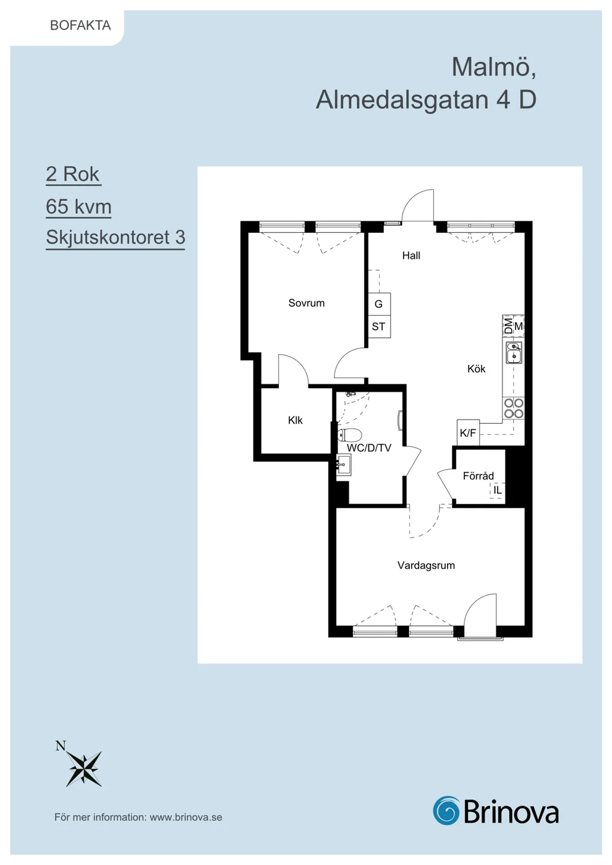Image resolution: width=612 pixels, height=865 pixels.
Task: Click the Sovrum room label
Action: (x=307, y=303)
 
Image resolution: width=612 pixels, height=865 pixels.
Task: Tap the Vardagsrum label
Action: (x=426, y=565)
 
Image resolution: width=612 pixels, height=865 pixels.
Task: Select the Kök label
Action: (x=477, y=369)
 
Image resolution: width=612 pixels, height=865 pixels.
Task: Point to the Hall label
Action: (x=411, y=255)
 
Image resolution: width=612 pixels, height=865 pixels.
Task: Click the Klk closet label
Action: (x=295, y=420)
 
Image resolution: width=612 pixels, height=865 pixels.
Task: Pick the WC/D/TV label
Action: (x=369, y=448)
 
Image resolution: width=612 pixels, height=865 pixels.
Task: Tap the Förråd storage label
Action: (x=478, y=475)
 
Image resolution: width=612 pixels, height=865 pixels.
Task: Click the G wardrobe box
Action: (x=379, y=304)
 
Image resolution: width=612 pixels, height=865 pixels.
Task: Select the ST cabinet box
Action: (x=379, y=327)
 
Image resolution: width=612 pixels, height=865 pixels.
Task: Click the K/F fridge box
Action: (x=469, y=433)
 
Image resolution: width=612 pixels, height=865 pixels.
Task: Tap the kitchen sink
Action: (x=514, y=352)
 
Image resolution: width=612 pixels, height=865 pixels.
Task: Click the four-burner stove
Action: (x=514, y=408)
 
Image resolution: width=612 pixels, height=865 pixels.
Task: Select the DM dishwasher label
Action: (x=508, y=326)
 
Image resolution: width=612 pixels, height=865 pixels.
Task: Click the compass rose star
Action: (x=84, y=769)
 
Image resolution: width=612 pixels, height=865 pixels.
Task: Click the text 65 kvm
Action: (x=79, y=206)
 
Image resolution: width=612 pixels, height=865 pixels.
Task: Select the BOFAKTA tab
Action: (x=80, y=25)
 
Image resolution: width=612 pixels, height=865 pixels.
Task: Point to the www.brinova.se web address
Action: (x=186, y=817)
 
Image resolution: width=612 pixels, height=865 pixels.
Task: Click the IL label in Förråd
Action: (x=498, y=490)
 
